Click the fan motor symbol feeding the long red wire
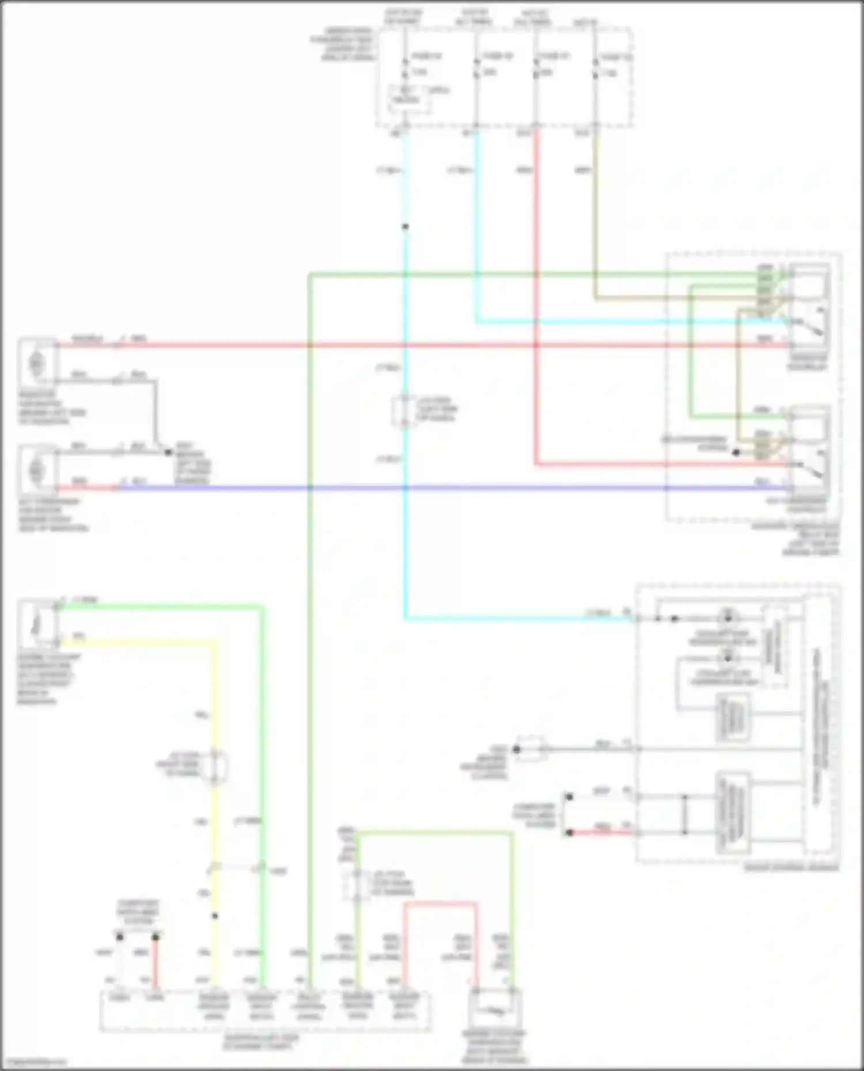coord(36,363)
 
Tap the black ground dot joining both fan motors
coord(168,452)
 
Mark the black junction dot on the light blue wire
coord(406,227)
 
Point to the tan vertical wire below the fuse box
coord(596,219)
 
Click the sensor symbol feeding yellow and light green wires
coord(37,623)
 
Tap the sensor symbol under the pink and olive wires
coord(494,1011)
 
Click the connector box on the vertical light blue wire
coord(406,410)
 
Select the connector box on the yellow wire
coord(215,767)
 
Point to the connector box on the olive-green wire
coord(357,885)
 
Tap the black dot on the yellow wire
coord(215,916)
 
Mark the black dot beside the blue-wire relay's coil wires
coord(736,453)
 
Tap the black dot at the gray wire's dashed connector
coord(517,749)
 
